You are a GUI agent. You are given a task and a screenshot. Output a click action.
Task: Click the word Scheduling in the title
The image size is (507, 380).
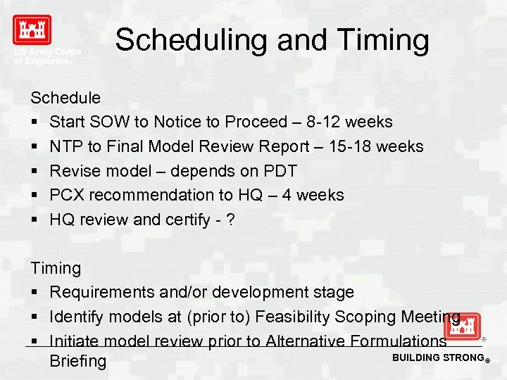pos(191,40)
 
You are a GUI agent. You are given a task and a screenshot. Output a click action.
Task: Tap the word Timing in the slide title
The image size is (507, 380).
pos(386,40)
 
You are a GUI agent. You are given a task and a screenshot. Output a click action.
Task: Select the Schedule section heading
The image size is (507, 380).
pos(65,98)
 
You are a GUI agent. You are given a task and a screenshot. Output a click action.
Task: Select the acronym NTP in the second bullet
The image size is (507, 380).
pos(66,146)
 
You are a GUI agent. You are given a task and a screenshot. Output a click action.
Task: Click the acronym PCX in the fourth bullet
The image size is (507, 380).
pos(68,195)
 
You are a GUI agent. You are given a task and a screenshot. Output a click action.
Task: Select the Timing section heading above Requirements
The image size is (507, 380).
pos(56,268)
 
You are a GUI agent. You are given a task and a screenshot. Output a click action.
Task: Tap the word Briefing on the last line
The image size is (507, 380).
pos(78,362)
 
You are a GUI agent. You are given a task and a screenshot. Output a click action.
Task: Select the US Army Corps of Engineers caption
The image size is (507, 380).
pos(47,56)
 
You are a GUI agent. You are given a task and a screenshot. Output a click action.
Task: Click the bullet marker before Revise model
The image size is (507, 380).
pos(35,171)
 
